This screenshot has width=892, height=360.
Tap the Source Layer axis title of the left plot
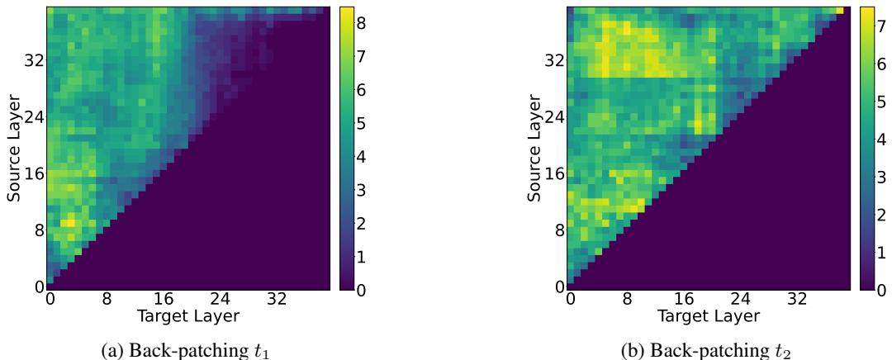(x=14, y=146)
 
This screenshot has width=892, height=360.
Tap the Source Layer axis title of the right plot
(x=534, y=146)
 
